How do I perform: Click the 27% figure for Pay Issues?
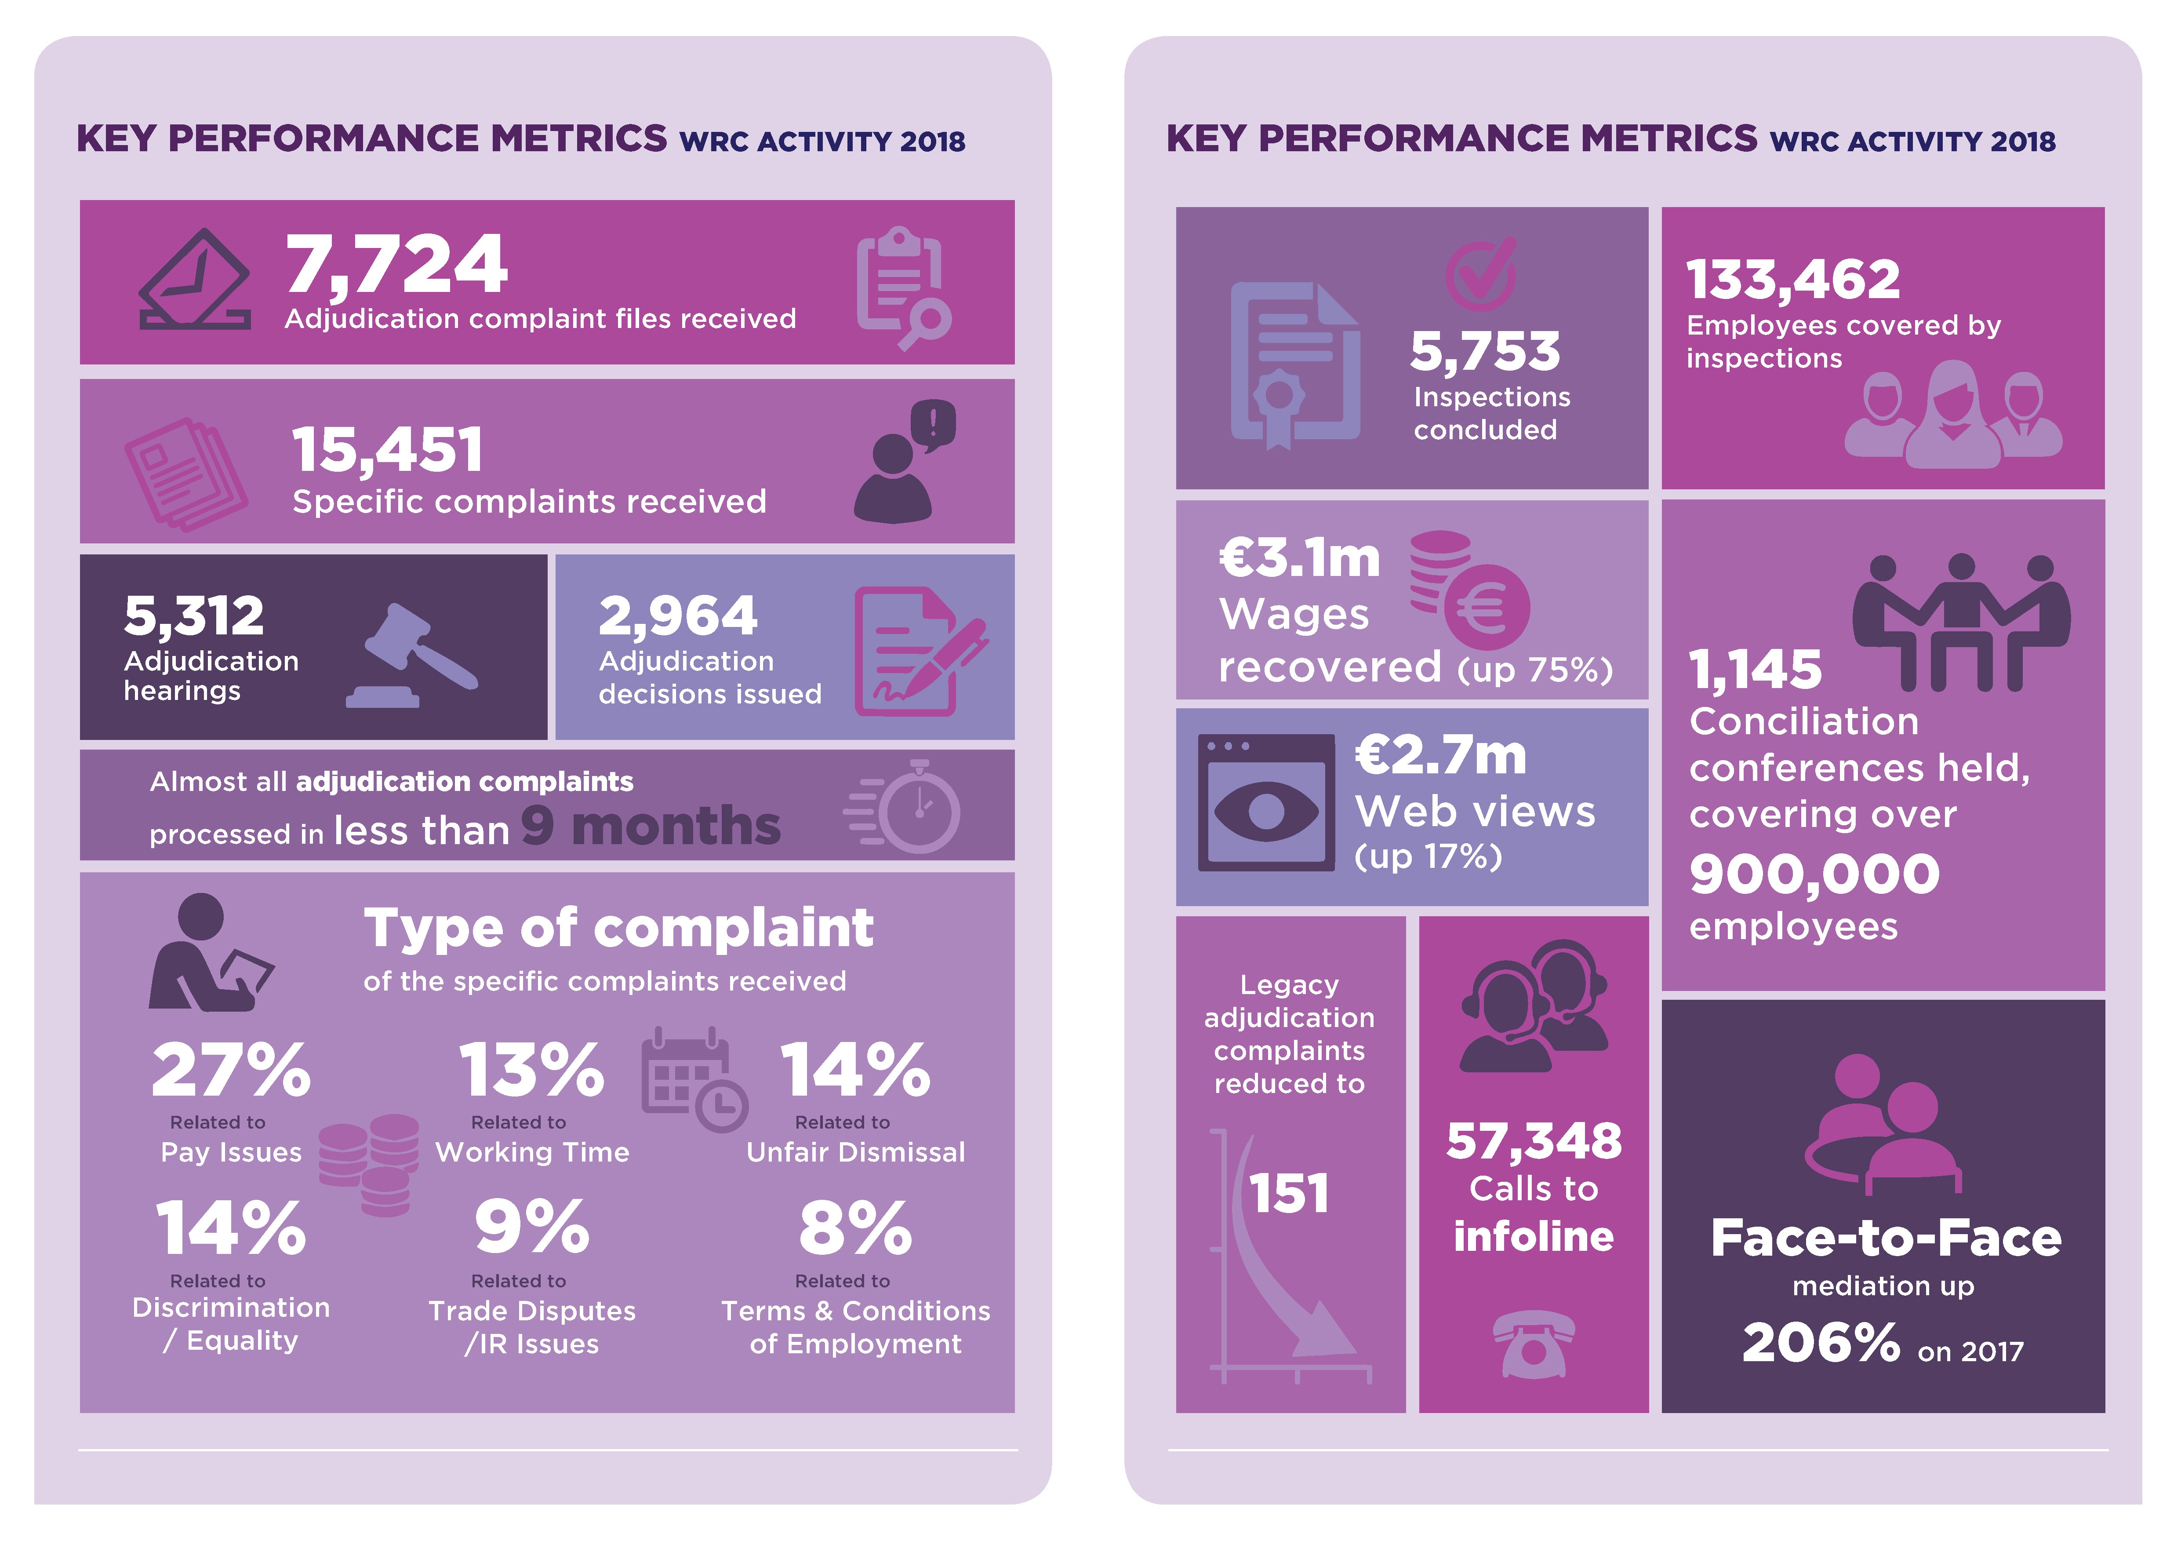231,1070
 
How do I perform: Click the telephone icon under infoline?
1533,1342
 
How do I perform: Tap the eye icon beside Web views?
1266,810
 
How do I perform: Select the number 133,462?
1792,279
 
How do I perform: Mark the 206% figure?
1820,1342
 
